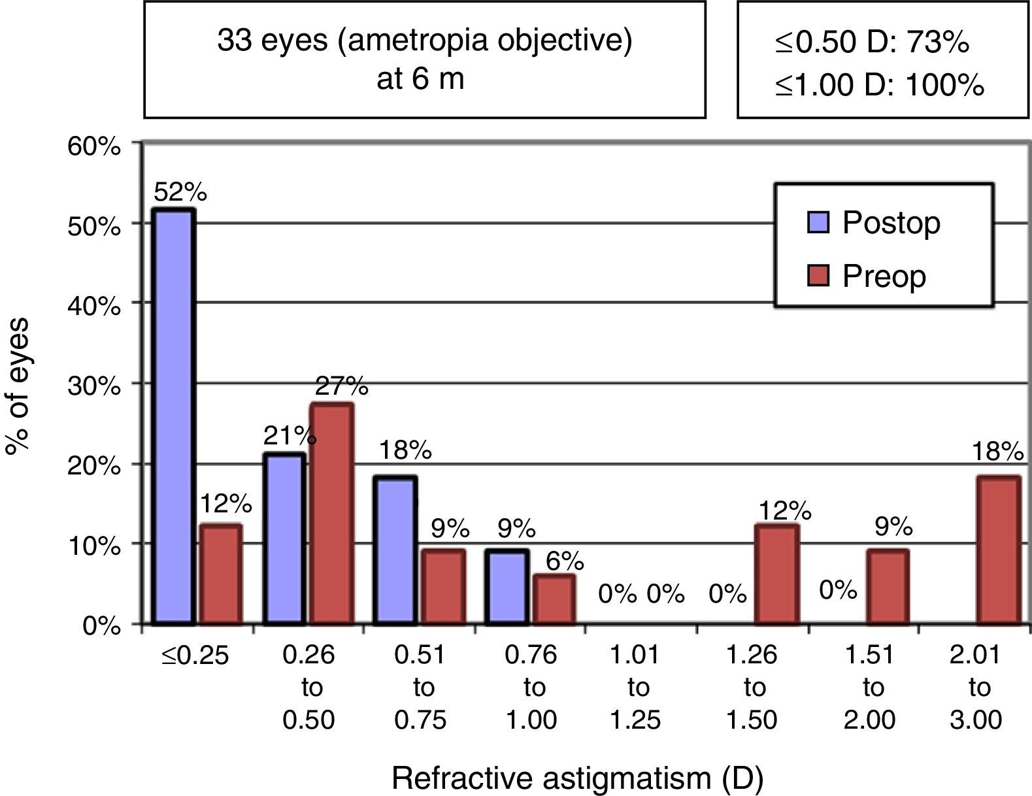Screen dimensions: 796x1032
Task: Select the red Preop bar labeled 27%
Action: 332,514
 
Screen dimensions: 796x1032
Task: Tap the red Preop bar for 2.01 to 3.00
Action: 998,550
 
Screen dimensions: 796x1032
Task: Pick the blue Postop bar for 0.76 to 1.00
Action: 508,588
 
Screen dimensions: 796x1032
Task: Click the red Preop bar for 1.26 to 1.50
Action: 776,574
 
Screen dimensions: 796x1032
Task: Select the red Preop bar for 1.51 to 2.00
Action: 888,587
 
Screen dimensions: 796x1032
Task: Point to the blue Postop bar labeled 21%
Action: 284,539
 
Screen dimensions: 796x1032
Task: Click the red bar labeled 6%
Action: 554,599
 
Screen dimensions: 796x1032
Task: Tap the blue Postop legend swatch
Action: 818,222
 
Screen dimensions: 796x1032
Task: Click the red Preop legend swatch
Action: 818,275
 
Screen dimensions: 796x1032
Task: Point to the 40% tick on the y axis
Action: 95,305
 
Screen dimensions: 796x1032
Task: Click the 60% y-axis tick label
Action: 95,146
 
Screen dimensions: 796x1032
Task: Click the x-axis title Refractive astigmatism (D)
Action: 577,778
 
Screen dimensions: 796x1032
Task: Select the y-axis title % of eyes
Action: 18,386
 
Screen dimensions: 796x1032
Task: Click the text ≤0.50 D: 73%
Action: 872,42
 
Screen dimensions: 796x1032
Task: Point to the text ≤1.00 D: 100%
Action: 880,86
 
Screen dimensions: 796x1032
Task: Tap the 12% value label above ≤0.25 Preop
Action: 225,504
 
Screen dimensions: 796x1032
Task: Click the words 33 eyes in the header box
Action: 273,41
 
